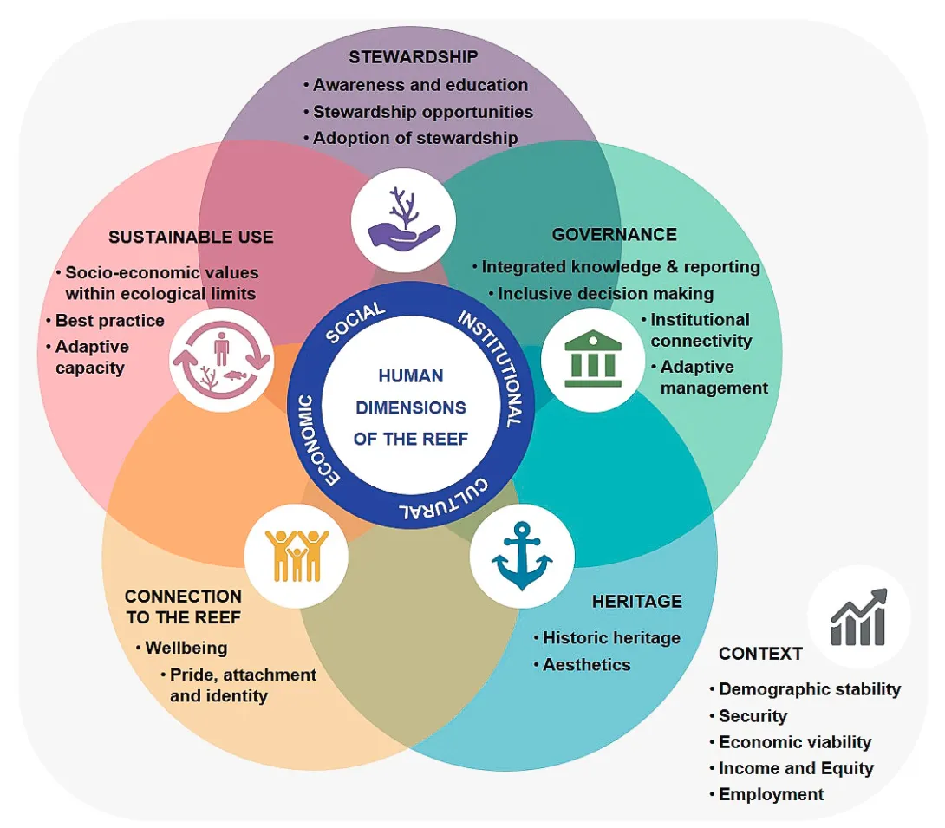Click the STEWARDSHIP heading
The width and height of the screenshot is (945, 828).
414,57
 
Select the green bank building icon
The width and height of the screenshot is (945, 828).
592,359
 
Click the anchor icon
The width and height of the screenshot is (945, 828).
522,556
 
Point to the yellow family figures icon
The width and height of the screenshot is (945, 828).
297,555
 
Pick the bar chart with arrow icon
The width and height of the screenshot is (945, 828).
858,616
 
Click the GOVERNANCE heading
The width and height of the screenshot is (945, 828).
614,235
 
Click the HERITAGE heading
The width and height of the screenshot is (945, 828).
636,602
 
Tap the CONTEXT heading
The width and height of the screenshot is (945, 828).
760,654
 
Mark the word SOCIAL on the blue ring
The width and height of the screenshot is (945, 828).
355,323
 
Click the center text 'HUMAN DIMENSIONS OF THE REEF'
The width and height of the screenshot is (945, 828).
410,407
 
